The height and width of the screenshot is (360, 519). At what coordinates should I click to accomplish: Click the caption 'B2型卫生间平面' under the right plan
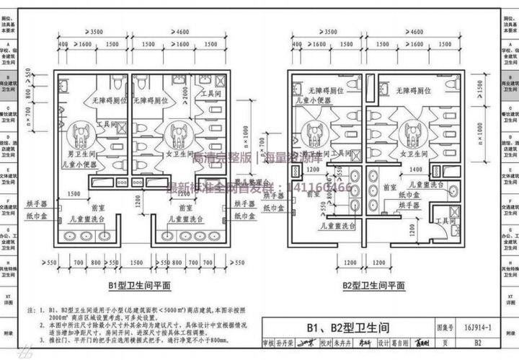tap(373, 286)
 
